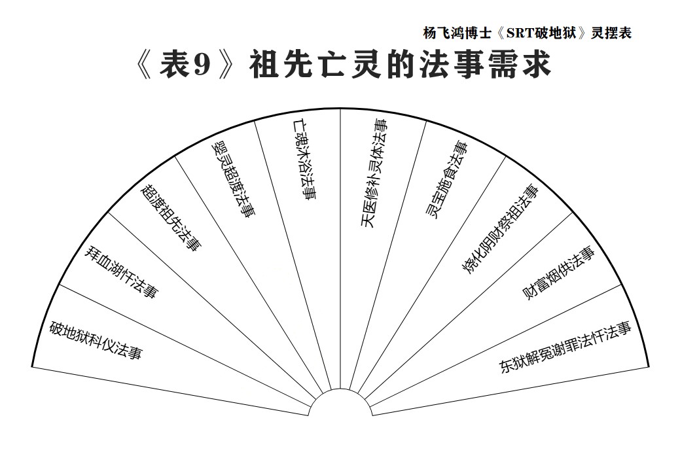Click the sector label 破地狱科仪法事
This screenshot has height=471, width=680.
point(96,341)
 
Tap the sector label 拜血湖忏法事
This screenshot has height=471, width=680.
point(121,272)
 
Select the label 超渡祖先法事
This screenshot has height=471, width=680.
point(171,218)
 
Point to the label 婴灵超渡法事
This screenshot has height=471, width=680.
point(232,181)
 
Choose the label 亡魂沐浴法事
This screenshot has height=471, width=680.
point(304,160)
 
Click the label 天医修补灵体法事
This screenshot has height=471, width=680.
point(374,173)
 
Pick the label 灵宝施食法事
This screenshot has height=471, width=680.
point(446,180)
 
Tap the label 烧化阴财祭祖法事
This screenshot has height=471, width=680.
point(501,230)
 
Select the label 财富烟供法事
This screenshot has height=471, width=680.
point(558,273)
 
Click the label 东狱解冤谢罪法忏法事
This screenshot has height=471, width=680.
point(565,347)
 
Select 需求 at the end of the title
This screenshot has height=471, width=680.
point(520,65)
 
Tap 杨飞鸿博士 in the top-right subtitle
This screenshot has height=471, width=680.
point(457,33)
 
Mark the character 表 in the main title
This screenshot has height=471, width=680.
point(174,65)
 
